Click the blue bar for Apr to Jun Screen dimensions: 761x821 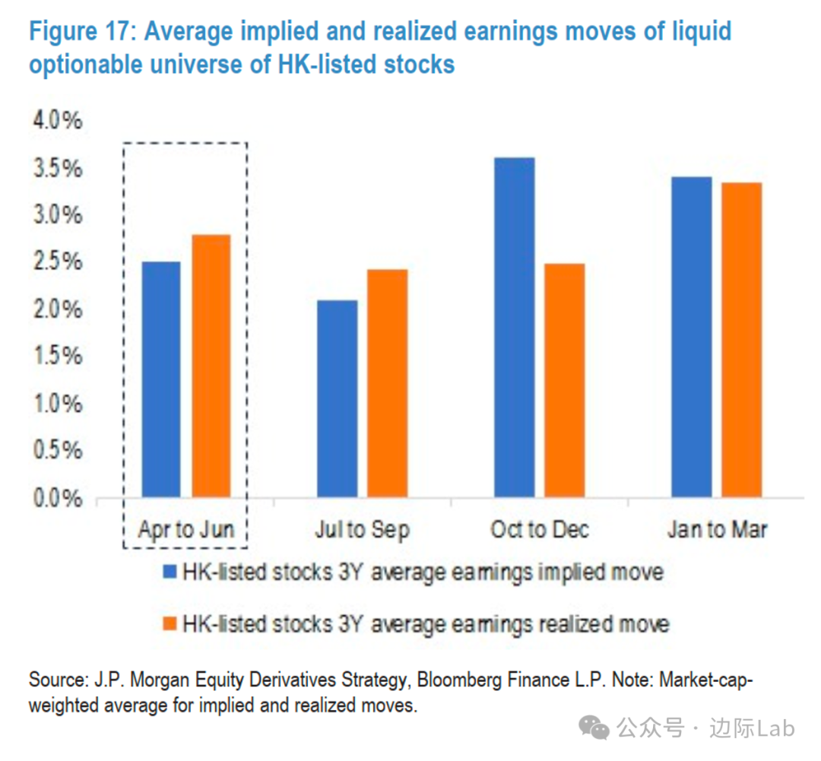pyautogui.click(x=160, y=380)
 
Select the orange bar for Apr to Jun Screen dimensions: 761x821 pyautogui.click(x=211, y=366)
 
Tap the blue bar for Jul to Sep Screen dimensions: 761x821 pyautogui.click(x=337, y=399)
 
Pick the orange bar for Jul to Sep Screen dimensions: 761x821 pyautogui.click(x=387, y=384)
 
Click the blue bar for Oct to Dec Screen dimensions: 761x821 pyautogui.click(x=514, y=328)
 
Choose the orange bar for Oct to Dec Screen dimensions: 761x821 pyautogui.click(x=564, y=381)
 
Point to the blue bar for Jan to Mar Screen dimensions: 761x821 pyautogui.click(x=691, y=338)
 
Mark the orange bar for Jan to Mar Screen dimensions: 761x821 pyautogui.click(x=741, y=341)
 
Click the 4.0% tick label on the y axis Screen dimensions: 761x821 pyautogui.click(x=55, y=122)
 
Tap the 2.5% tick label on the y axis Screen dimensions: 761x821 pyautogui.click(x=55, y=263)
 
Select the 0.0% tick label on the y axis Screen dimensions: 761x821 pyautogui.click(x=55, y=499)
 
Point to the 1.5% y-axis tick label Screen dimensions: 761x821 pyautogui.click(x=55, y=357)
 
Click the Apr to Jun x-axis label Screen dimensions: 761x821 pyautogui.click(x=185, y=529)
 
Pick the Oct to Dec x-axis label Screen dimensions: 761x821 pyautogui.click(x=540, y=529)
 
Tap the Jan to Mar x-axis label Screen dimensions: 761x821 pyautogui.click(x=717, y=529)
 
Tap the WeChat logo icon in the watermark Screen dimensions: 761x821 pyautogui.click(x=594, y=728)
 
